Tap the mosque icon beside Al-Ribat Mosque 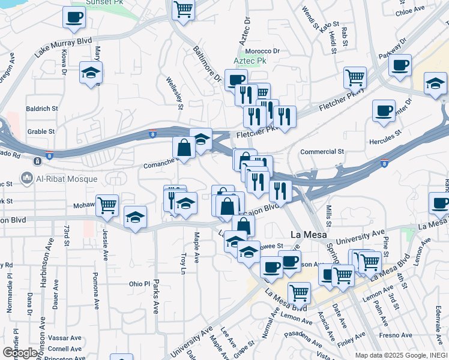[x=26, y=178]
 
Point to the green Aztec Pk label [x=250, y=62]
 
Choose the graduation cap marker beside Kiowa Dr [x=91, y=73]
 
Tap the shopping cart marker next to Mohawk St [x=107, y=205]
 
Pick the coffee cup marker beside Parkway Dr [x=400, y=65]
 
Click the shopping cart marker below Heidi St [x=355, y=77]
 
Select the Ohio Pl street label [x=139, y=284]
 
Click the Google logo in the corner [x=20, y=352]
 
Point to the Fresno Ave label [x=397, y=335]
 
